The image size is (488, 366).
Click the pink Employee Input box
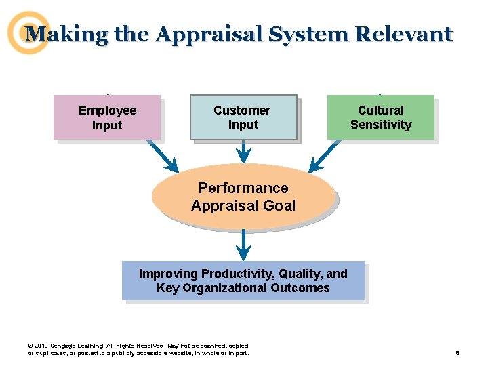click(107, 117)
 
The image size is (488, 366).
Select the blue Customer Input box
click(243, 117)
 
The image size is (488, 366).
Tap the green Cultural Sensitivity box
click(380, 117)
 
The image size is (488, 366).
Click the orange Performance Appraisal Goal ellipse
click(243, 197)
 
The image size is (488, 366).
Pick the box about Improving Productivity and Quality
click(243, 281)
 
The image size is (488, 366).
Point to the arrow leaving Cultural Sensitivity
click(326, 157)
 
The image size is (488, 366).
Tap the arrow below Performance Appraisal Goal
click(243, 245)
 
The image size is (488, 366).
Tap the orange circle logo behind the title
click(28, 33)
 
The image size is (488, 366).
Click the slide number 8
click(458, 353)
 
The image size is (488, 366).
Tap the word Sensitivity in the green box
click(381, 125)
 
